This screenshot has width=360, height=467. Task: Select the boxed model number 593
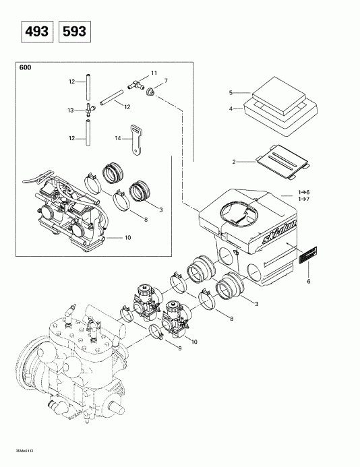pyautogui.click(x=75, y=32)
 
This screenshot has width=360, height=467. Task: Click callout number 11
pyautogui.click(x=154, y=73)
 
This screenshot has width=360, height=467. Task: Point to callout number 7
pyautogui.click(x=166, y=81)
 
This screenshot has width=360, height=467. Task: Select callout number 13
pyautogui.click(x=69, y=110)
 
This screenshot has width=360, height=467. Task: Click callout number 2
pyautogui.click(x=234, y=162)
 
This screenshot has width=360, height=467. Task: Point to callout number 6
pyautogui.click(x=309, y=282)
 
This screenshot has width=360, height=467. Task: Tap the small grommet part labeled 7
pyautogui.click(x=154, y=90)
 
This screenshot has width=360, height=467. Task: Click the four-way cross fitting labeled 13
pyautogui.click(x=88, y=111)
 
